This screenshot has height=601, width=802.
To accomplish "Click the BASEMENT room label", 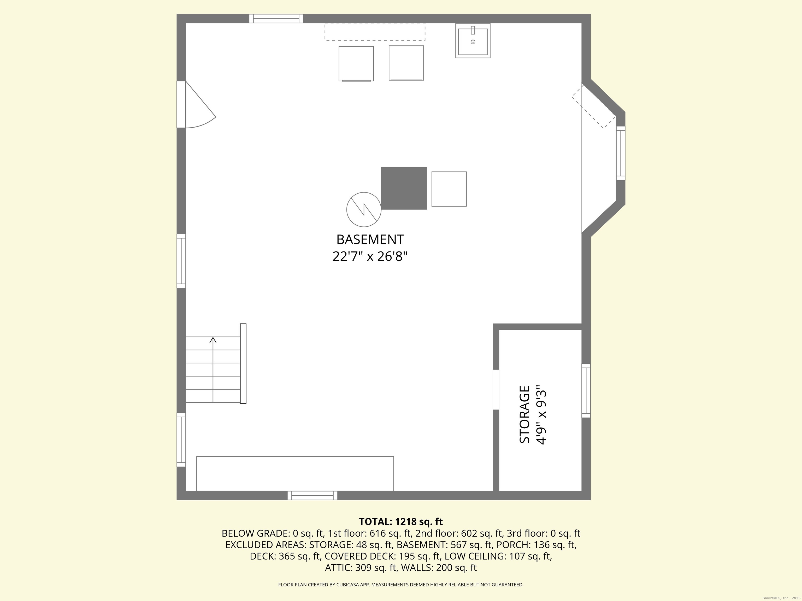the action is (370, 239).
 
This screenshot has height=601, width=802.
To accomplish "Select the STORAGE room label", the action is (525, 414).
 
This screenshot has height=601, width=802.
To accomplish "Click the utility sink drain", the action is (473, 42).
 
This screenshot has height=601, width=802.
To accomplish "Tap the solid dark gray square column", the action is (404, 188).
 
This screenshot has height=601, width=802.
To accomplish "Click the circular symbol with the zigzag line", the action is (364, 209).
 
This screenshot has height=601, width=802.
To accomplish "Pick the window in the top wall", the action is (276, 19).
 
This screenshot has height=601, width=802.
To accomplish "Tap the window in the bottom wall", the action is (312, 496).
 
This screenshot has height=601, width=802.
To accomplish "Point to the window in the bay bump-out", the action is (621, 153).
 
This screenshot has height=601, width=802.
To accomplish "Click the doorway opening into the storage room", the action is (496, 389).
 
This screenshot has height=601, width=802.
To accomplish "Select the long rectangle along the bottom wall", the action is (295, 473).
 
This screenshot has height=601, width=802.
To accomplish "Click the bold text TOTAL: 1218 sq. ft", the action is (401, 522).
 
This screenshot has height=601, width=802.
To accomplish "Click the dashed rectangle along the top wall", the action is (375, 32).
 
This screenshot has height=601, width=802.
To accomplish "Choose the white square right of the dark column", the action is (449, 189).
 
